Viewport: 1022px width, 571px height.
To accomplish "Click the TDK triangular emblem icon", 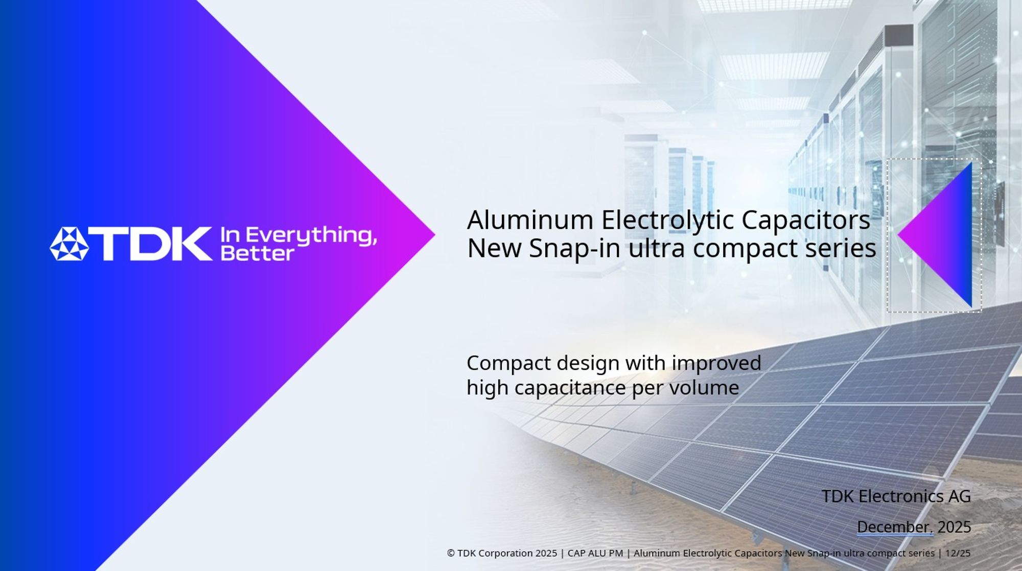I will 69,244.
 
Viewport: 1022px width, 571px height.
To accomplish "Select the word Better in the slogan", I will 257,253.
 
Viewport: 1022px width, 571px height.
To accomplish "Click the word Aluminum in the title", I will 530,220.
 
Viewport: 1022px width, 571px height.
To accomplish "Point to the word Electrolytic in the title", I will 668,220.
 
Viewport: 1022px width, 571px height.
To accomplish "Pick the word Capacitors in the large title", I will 805,220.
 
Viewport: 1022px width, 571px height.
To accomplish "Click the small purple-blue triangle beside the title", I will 943,235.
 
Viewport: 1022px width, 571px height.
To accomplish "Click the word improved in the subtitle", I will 716,363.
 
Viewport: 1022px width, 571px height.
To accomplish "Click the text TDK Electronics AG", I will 896,496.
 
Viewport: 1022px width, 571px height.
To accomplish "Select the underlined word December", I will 894,527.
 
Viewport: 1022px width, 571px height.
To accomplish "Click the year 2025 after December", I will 954,527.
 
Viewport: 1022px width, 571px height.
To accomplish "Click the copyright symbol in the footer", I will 451,553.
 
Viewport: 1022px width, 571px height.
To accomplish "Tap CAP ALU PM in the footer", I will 595,553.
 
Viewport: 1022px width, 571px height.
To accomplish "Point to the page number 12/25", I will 958,553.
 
